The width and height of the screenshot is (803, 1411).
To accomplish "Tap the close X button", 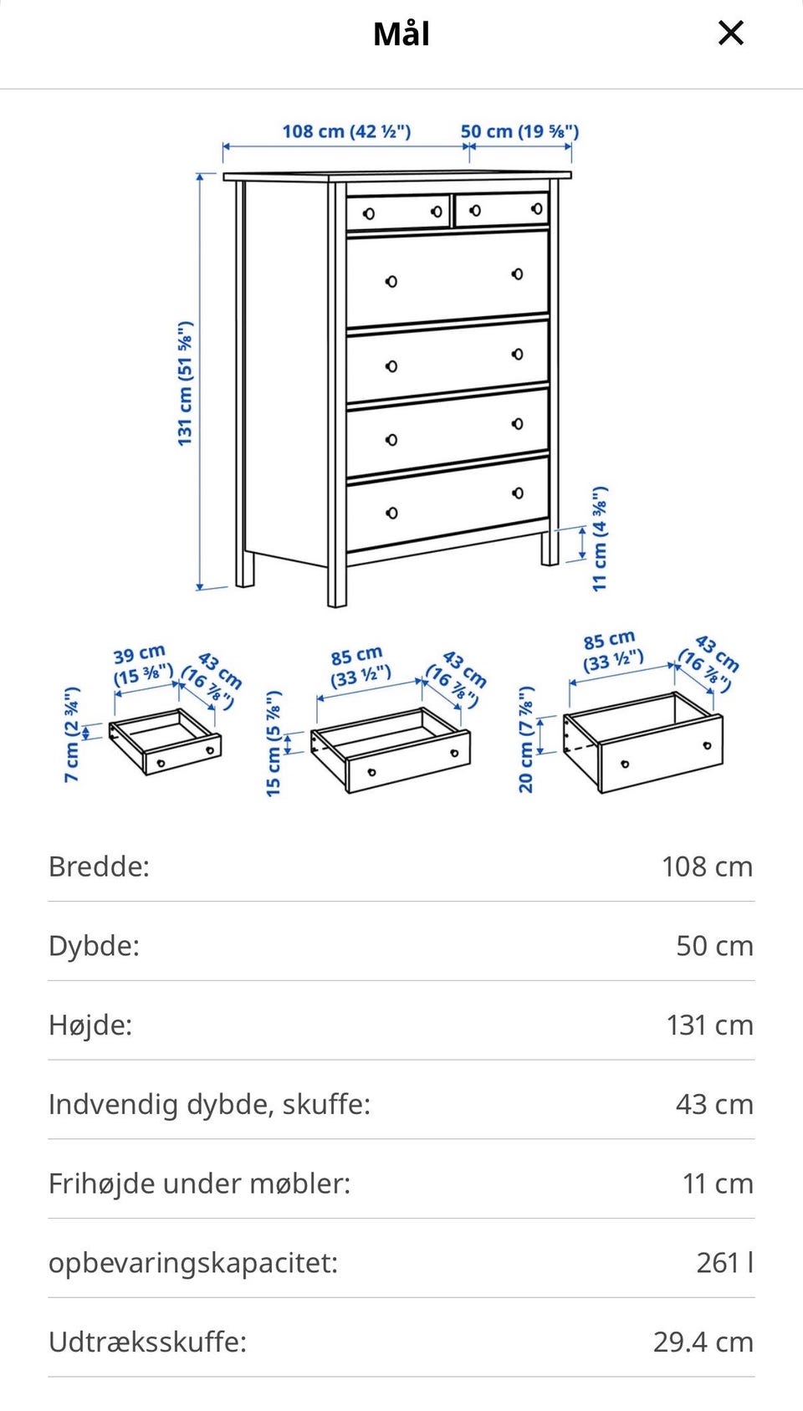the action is (730, 33).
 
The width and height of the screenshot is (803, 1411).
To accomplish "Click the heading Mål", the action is (401, 34).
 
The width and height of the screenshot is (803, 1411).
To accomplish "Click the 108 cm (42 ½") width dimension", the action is (346, 131).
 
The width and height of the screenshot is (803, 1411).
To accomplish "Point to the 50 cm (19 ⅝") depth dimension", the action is (519, 131).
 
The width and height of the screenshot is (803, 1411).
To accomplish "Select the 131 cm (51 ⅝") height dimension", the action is (185, 384).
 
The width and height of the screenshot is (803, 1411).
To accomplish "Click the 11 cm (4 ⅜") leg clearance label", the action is (600, 539).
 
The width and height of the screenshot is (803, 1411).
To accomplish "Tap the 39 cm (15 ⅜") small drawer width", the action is (142, 665).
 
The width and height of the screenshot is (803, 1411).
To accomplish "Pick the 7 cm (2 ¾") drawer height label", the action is (72, 734).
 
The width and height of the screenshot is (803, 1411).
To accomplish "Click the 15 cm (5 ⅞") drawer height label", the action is (274, 744).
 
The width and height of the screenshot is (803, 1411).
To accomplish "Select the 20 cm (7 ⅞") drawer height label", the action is (525, 739).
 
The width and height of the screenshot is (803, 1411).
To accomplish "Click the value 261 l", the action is (724, 1262).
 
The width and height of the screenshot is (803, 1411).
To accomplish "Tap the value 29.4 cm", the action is (703, 1342).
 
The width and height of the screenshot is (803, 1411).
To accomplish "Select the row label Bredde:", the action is (99, 867).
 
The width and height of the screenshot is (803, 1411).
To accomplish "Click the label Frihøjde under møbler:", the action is (200, 1184).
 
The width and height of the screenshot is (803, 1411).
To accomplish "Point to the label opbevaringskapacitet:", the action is (193, 1263).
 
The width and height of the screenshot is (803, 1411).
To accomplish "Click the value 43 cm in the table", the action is (714, 1104).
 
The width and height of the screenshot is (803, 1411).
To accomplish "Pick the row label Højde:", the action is (90, 1025).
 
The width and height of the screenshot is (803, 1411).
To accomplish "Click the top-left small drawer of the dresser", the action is (398, 212).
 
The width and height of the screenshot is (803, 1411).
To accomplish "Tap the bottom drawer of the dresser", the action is (448, 504).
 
